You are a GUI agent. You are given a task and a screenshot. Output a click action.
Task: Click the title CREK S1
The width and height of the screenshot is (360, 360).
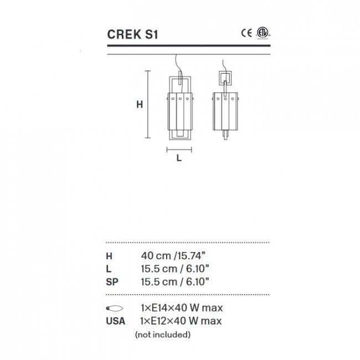132,34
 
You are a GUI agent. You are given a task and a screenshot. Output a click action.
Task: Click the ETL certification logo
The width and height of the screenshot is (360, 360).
261,33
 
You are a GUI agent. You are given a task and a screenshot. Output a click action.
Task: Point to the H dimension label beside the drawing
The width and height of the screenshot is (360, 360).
140,104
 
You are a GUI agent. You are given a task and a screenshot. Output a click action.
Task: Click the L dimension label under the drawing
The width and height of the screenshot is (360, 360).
178,158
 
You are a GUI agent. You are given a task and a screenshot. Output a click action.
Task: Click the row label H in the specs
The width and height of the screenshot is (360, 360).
109,256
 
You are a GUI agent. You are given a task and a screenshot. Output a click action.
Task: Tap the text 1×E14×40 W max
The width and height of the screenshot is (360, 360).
181,308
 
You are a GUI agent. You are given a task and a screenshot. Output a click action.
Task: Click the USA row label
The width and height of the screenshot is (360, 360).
115,321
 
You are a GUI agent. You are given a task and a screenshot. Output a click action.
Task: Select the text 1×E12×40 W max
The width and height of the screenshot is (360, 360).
181,321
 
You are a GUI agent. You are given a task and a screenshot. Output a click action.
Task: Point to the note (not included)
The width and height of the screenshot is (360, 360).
163,335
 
